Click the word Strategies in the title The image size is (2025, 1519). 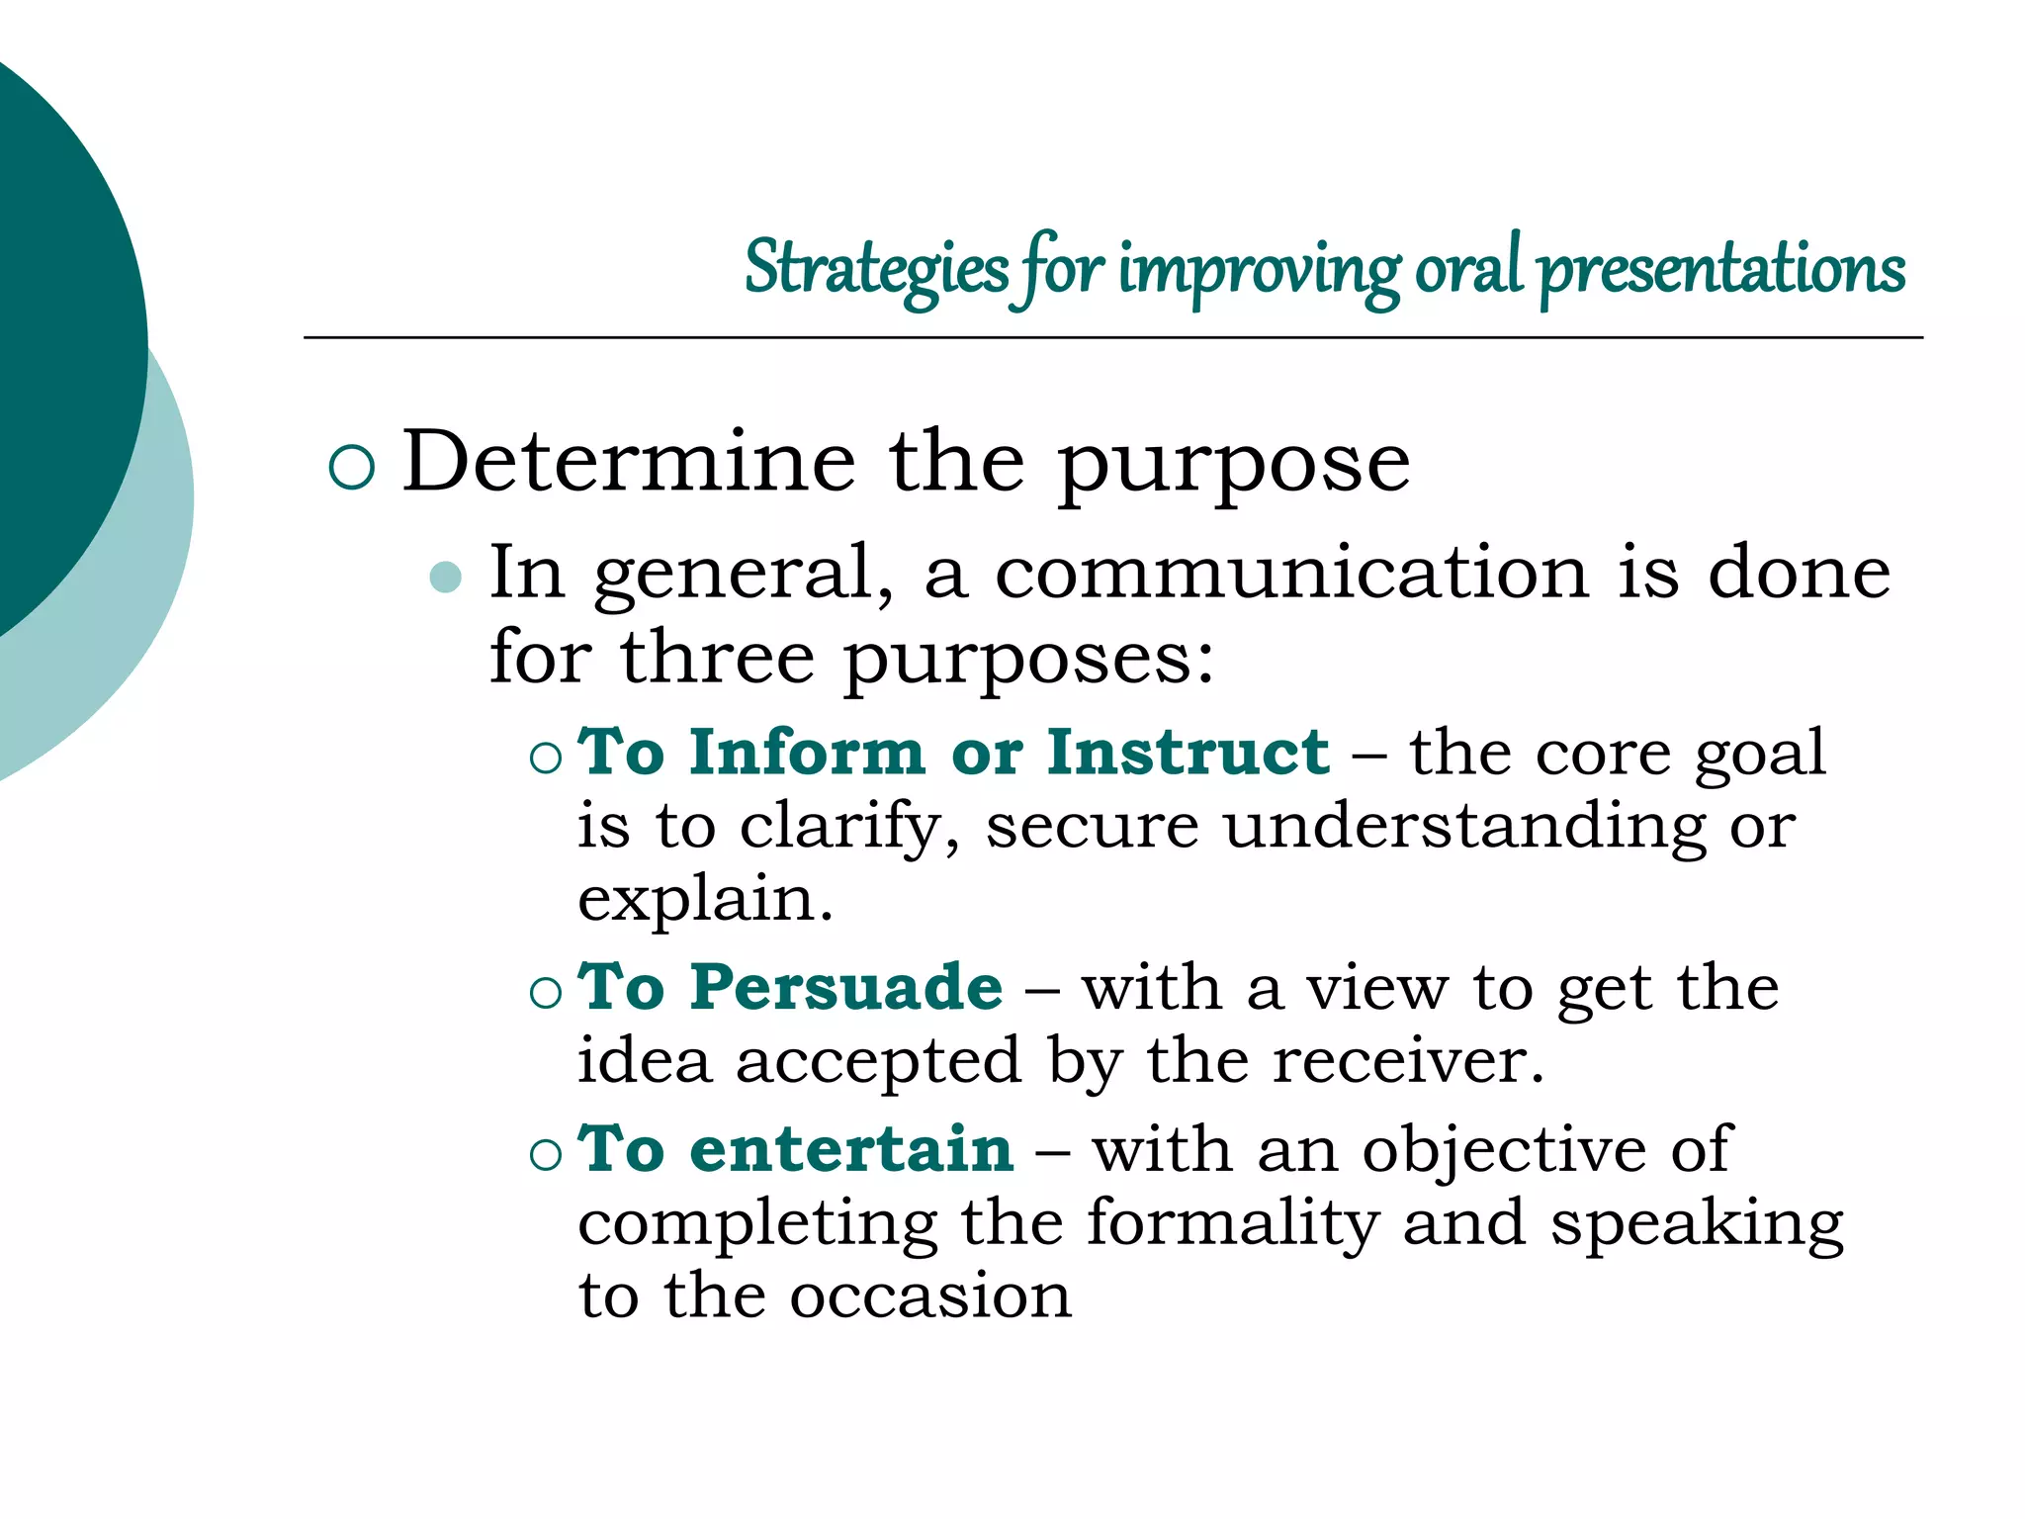pos(875,268)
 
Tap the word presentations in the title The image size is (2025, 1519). pos(1721,268)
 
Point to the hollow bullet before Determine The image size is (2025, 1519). pos(351,467)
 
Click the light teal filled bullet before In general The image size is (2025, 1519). pos(447,577)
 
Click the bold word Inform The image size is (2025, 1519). pos(807,753)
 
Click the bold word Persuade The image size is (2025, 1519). pos(846,987)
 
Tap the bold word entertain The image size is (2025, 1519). pos(851,1149)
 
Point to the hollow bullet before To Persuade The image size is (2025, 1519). pos(545,992)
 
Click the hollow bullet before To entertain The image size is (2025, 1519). pos(545,1154)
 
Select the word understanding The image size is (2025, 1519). pos(1464,827)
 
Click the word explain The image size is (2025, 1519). pos(704,900)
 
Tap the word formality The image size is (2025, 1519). pos(1232,1223)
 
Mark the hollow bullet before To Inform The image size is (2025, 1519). pos(545,759)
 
